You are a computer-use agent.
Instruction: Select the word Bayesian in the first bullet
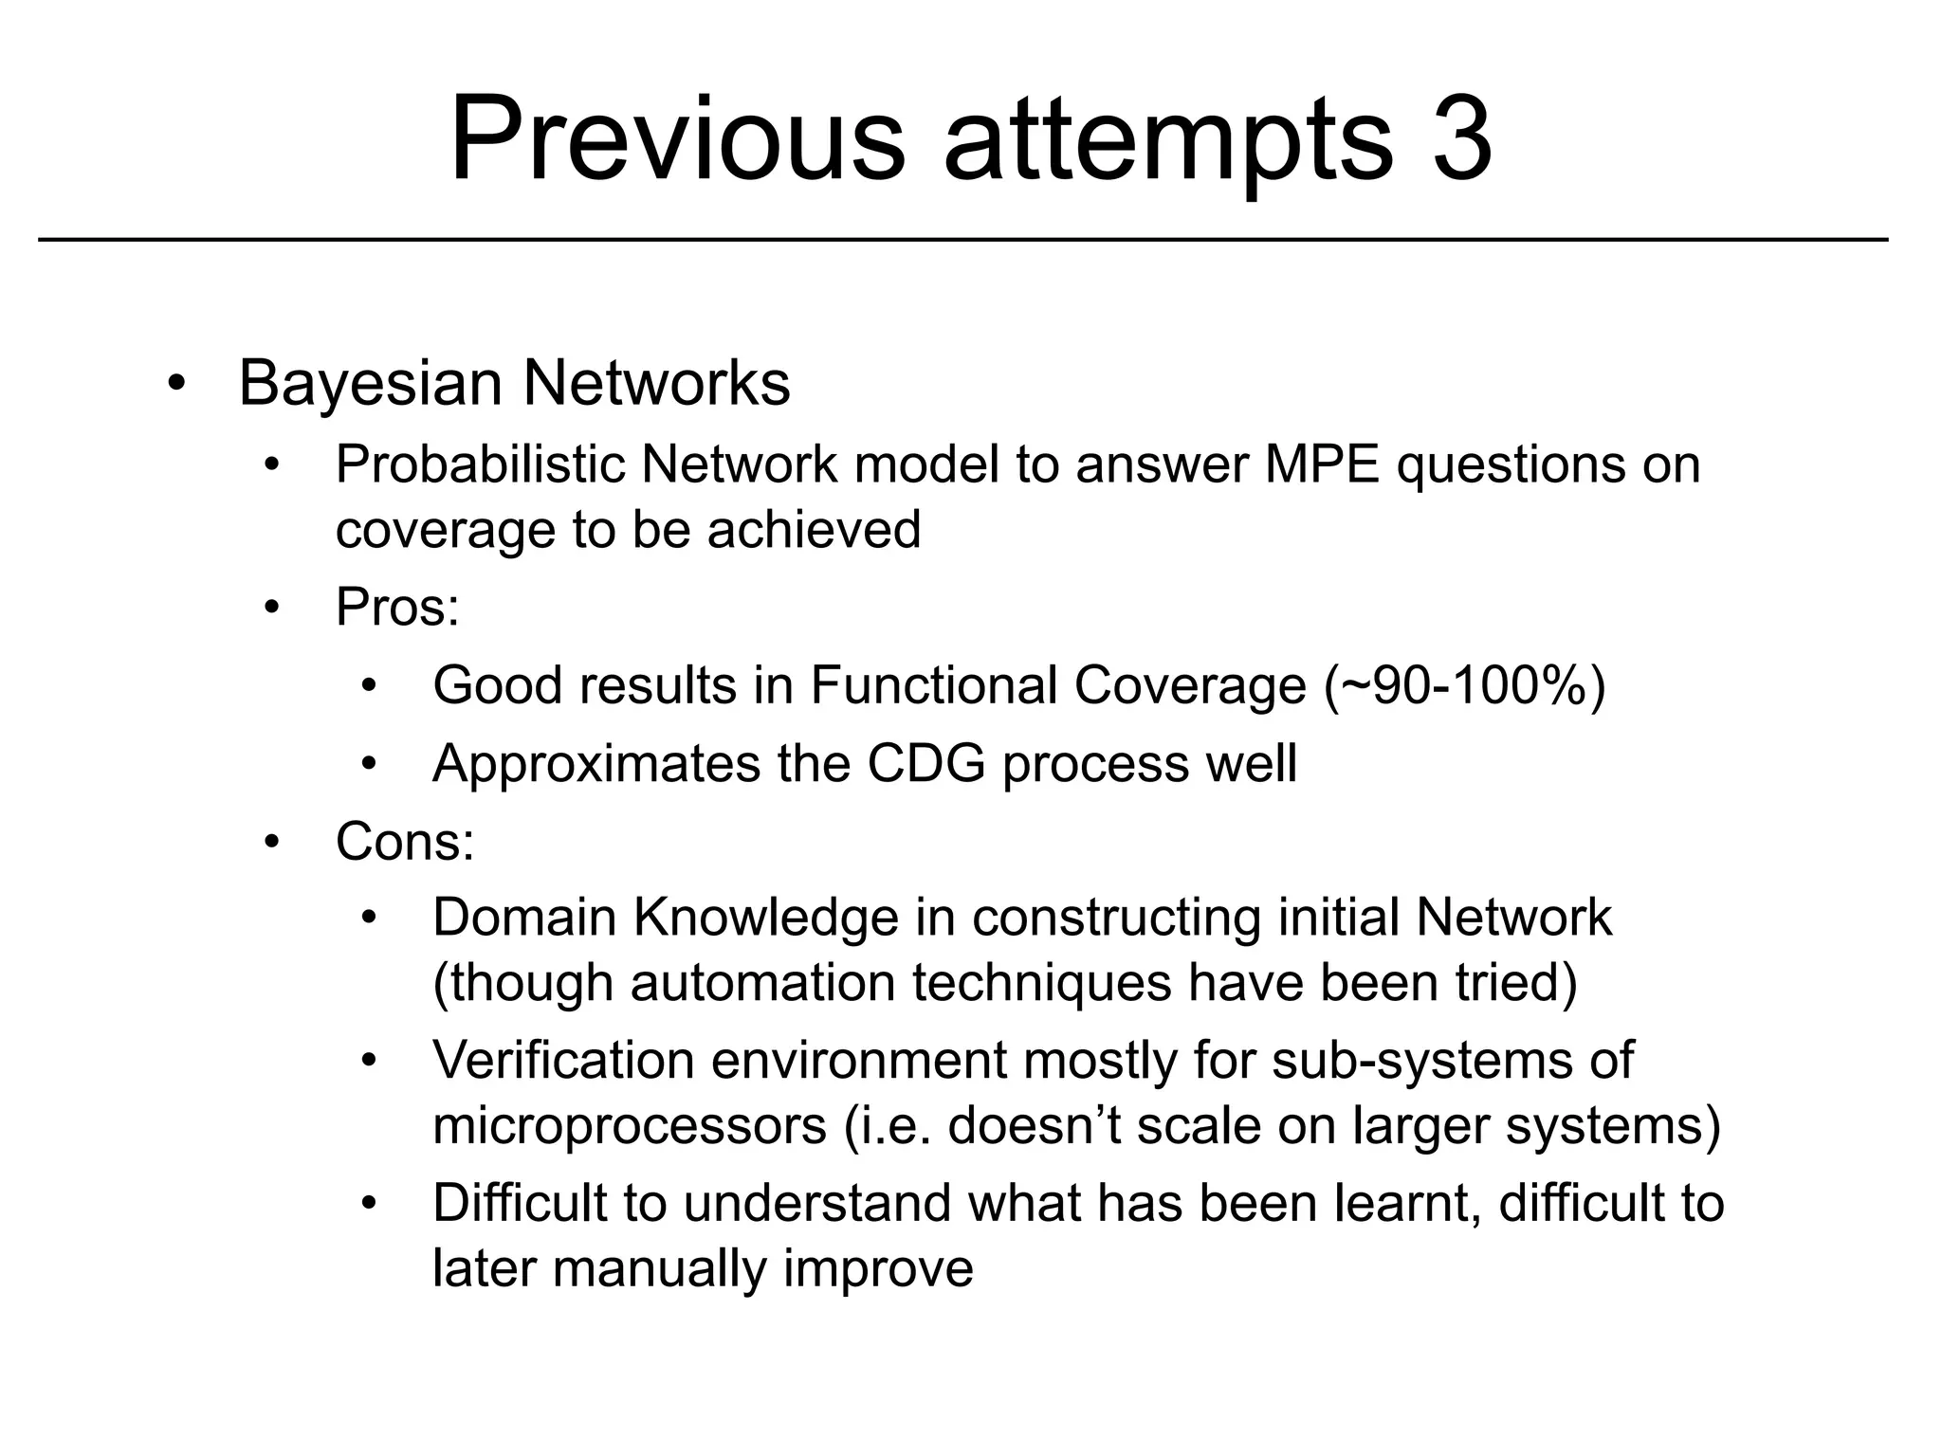point(370,384)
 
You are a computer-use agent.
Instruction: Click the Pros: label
point(397,607)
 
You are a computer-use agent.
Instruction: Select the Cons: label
point(405,841)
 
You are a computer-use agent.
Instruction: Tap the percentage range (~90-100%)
point(1464,685)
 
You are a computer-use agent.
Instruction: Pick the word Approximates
point(595,763)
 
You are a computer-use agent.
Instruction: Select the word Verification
point(563,1061)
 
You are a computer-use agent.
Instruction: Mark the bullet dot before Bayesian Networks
point(175,386)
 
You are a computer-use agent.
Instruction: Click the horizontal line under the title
point(962,240)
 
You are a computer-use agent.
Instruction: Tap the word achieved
point(814,530)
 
